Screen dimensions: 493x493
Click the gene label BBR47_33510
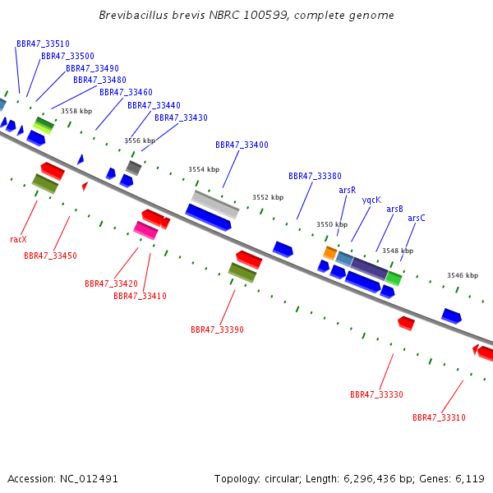point(43,44)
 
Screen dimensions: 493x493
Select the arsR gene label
point(347,191)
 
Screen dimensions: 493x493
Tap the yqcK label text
point(371,200)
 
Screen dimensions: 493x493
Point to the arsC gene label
point(417,218)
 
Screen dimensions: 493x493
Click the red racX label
point(18,240)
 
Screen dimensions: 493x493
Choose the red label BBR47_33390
point(217,329)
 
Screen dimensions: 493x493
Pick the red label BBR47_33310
point(439,417)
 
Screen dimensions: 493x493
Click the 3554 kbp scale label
point(204,169)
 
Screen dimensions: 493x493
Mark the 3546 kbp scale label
point(463,275)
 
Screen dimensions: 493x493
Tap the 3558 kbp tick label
point(76,111)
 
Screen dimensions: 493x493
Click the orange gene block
point(330,253)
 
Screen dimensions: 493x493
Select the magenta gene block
point(145,230)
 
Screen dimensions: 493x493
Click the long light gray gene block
point(215,205)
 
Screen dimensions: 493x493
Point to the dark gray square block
point(134,168)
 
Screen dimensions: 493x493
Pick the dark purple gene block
point(370,268)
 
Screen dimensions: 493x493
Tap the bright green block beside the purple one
point(394,279)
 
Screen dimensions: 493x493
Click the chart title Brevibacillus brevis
point(152,15)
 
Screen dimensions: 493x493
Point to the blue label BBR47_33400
point(242,145)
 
